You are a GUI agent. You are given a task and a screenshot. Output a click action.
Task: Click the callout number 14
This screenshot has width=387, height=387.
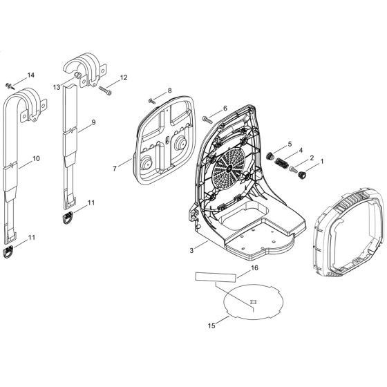point(30,75)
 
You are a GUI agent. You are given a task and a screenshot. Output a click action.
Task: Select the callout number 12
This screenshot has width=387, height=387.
point(124,78)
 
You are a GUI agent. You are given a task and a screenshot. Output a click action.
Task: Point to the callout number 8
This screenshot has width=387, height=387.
point(168,91)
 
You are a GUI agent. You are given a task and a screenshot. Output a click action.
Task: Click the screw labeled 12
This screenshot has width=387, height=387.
point(109,88)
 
